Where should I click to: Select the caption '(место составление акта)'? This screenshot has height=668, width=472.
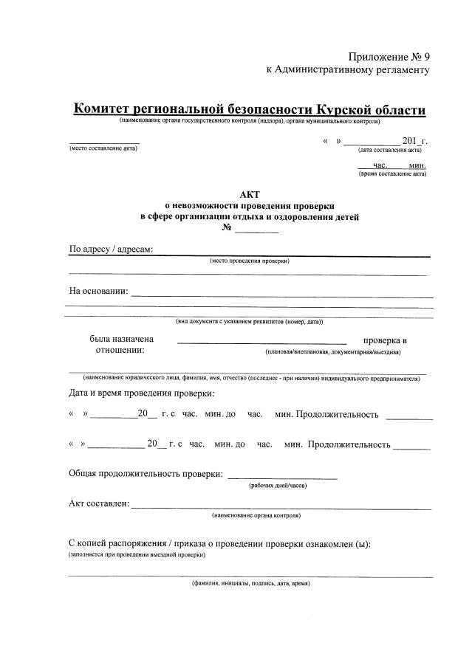(x=103, y=148)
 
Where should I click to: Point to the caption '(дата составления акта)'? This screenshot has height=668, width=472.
(x=389, y=150)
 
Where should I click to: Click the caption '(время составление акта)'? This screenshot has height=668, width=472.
(x=392, y=175)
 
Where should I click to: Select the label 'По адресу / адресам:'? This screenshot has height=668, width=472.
(x=111, y=249)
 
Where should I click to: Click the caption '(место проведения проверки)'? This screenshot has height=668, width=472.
(x=250, y=261)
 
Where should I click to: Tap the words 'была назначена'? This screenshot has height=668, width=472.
(x=121, y=340)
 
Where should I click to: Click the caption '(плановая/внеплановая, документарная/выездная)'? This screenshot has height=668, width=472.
(x=333, y=352)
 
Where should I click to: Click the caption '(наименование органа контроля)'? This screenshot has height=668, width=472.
(x=256, y=514)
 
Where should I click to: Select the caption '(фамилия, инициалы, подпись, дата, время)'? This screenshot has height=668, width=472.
(x=250, y=583)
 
